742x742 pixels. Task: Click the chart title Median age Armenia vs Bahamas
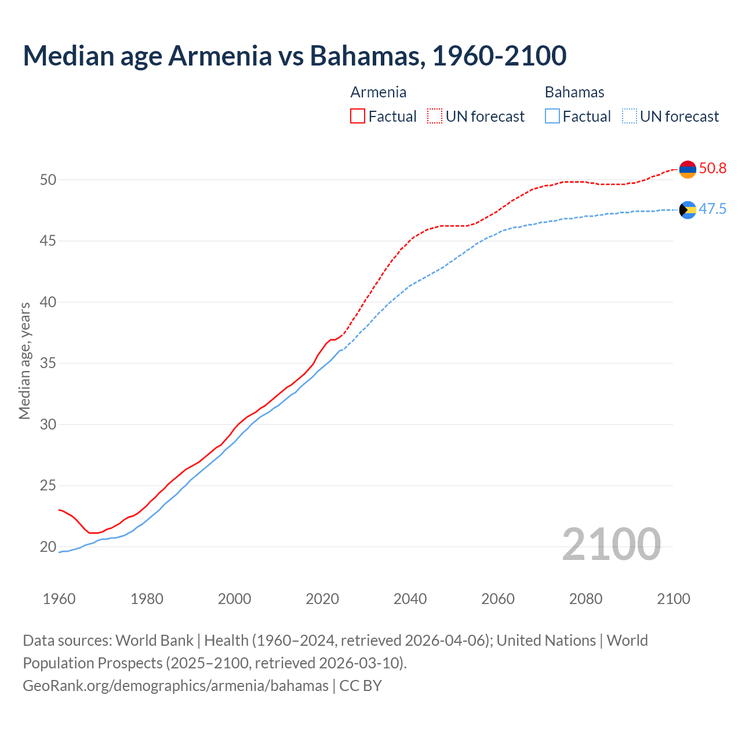[294, 56]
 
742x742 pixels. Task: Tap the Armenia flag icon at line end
[688, 169]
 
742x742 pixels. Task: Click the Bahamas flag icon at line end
[688, 210]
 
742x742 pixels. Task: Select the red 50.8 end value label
[712, 169]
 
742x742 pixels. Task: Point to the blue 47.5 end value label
[712, 209]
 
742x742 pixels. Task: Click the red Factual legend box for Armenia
[358, 117]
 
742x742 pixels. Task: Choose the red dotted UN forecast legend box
[435, 117]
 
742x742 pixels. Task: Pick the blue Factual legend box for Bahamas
[552, 117]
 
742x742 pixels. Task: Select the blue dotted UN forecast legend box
[629, 117]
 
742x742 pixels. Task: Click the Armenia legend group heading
[379, 92]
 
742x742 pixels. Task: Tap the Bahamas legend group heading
[574, 92]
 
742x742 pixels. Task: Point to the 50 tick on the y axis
[48, 180]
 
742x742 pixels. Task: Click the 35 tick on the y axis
[48, 363]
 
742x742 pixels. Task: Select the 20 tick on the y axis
[48, 547]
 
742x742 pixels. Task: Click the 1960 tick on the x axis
[59, 599]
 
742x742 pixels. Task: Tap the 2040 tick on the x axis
[410, 599]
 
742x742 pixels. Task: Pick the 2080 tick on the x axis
[585, 599]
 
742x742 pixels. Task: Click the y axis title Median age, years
[24, 361]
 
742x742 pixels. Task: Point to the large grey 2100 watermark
[611, 544]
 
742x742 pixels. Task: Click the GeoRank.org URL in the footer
[175, 686]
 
